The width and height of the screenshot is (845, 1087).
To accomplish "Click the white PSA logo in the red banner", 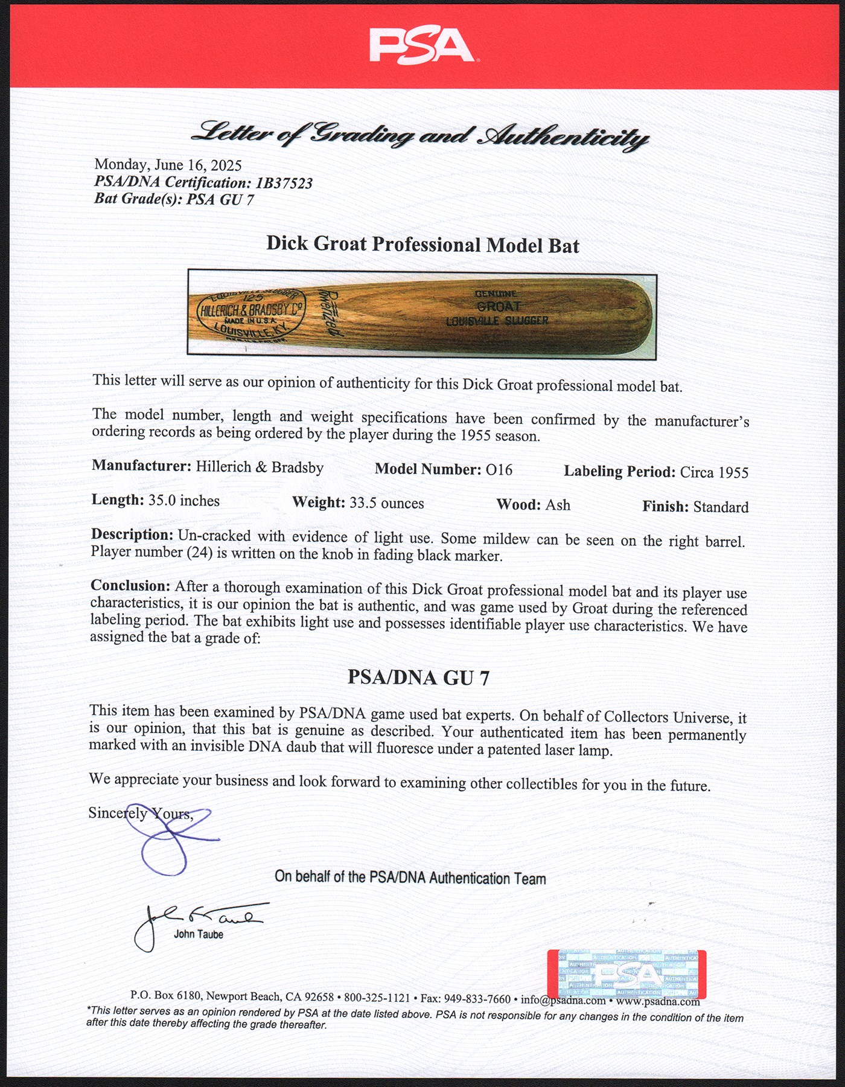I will click(422, 45).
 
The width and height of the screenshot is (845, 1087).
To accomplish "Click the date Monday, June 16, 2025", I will click(168, 165).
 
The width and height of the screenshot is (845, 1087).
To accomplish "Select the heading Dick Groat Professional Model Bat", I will click(422, 245).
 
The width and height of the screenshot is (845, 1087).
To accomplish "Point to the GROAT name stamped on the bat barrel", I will click(499, 307).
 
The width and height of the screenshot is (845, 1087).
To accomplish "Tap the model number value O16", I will click(499, 470).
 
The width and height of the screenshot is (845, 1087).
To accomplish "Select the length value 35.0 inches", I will click(184, 501).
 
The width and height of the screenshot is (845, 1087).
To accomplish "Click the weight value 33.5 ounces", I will click(386, 503).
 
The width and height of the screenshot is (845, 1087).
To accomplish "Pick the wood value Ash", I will click(558, 505).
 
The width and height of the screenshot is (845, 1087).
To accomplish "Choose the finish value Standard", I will click(721, 507).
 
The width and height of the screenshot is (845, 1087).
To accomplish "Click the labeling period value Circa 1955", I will click(714, 472).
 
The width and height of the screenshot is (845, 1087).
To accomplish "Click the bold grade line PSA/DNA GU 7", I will click(418, 678).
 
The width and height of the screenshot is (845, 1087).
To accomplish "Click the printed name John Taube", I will click(199, 934).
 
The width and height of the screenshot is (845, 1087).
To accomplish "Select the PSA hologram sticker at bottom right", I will click(626, 974).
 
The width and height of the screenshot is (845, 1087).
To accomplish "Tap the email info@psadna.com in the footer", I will click(563, 1000).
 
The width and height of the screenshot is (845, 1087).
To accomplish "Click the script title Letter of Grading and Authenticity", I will click(420, 135).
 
